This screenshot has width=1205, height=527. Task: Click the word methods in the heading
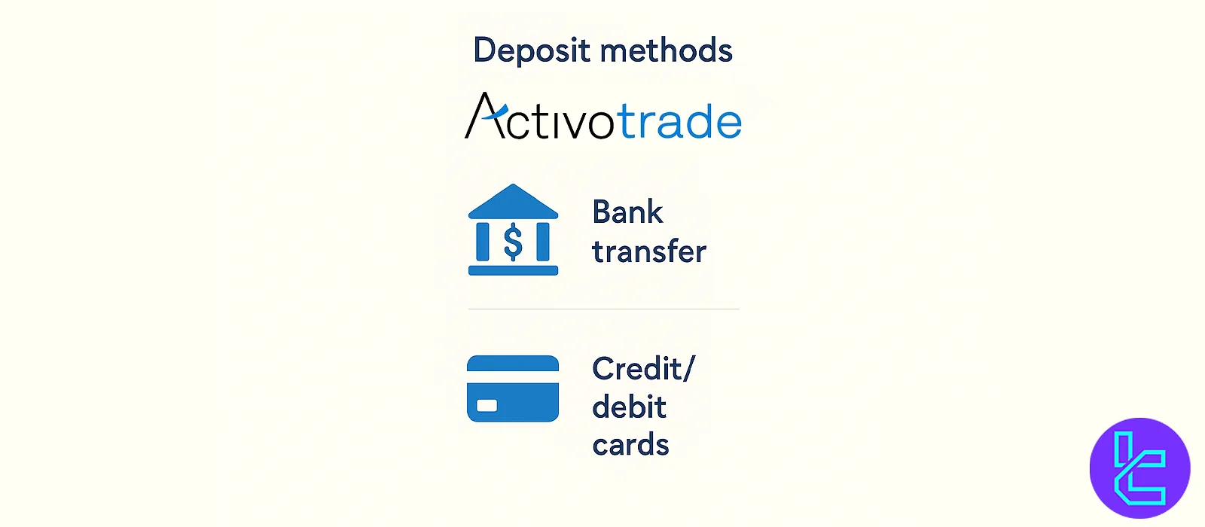pos(666,50)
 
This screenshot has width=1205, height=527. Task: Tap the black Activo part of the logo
pos(539,116)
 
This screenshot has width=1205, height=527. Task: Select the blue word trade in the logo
pos(679,120)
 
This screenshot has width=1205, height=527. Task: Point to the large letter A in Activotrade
pos(486,116)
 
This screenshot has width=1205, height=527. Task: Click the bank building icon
pos(513,230)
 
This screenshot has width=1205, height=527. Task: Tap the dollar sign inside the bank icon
pos(513,242)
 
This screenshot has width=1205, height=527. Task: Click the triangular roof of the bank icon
pos(513,201)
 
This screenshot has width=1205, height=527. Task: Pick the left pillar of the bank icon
pos(483,242)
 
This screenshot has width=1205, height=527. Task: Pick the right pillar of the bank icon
pos(543,242)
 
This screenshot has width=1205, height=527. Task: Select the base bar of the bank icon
pos(513,270)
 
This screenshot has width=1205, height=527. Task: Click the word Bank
pos(627,212)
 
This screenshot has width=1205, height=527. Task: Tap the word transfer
pos(649,251)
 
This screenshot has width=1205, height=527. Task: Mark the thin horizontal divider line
pos(603,309)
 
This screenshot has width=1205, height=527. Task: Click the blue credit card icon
pos(513,388)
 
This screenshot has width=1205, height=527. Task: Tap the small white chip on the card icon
pos(487,405)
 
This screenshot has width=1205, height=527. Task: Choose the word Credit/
pos(644,369)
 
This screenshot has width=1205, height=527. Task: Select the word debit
pos(630,407)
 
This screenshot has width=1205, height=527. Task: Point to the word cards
pos(630,445)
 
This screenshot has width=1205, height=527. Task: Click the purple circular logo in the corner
pos(1140,468)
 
